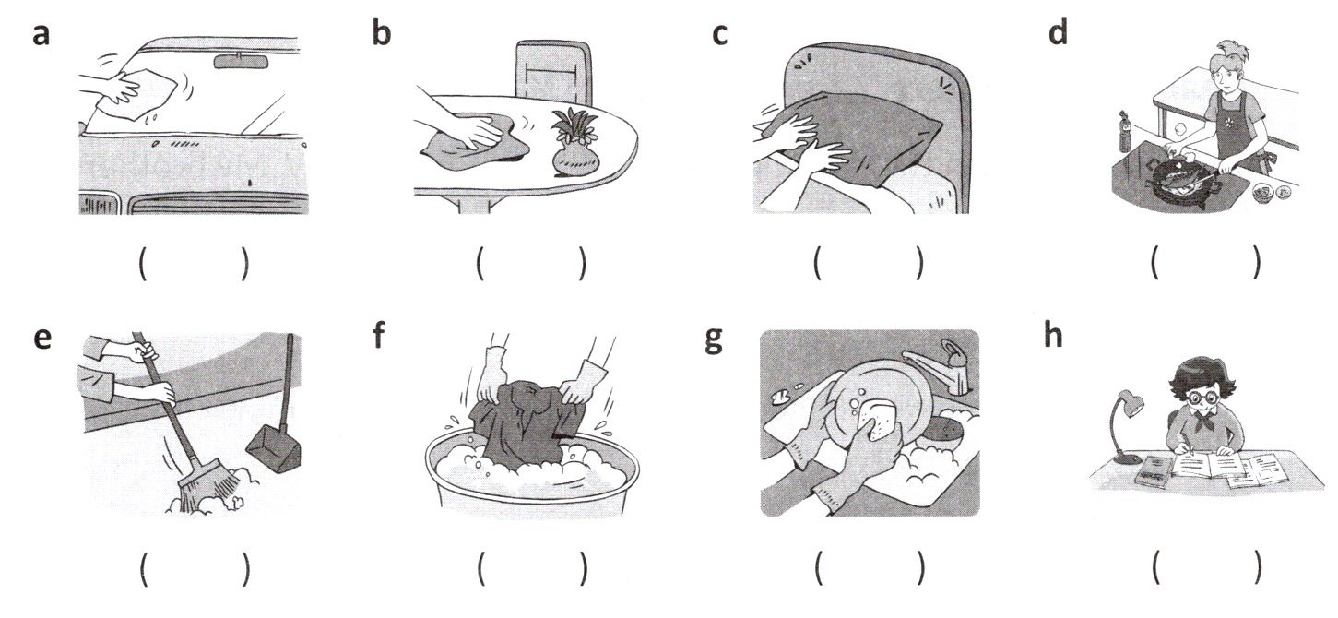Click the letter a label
[x=41, y=34]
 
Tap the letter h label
[x=1052, y=335]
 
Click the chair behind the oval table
[x=553, y=72]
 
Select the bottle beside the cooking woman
[x=1125, y=134]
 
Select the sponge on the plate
[x=876, y=421]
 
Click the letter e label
[x=41, y=339]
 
